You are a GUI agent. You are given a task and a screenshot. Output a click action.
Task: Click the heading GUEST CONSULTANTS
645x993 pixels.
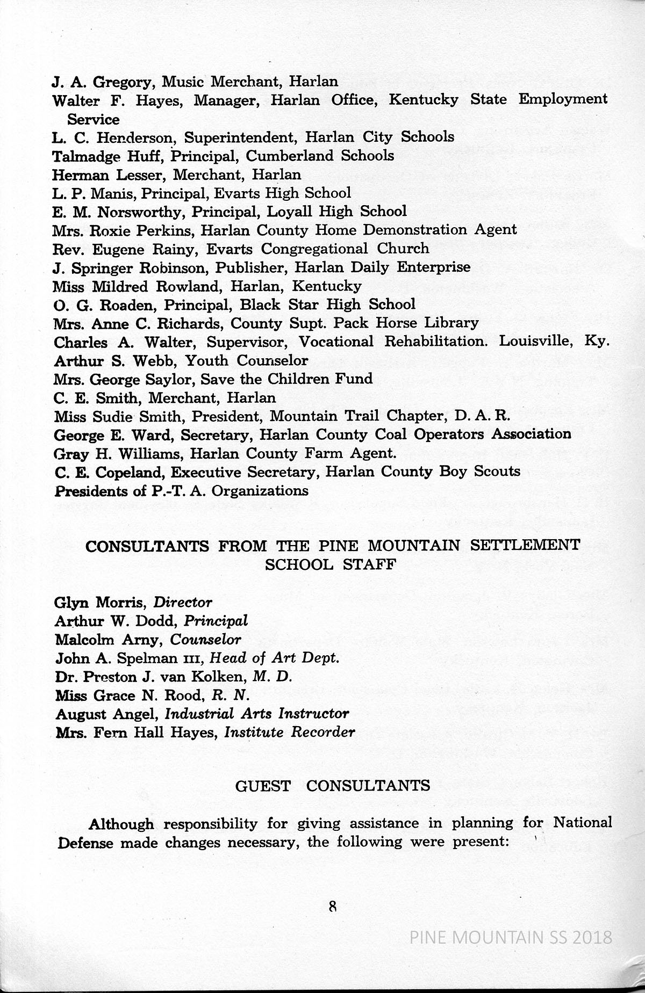(x=333, y=786)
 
